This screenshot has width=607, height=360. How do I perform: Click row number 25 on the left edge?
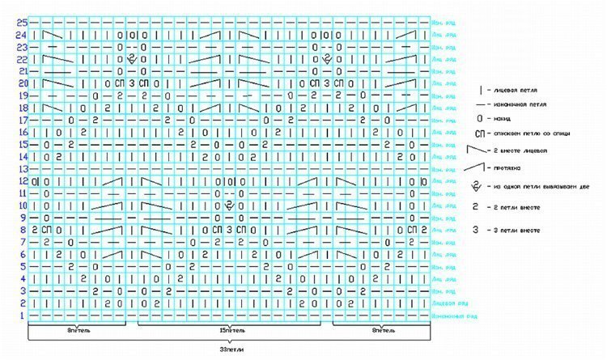[x=21, y=23]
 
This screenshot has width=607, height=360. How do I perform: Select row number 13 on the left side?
[x=23, y=169]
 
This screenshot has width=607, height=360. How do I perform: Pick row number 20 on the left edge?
[x=22, y=83]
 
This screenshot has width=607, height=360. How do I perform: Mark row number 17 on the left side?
[x=23, y=120]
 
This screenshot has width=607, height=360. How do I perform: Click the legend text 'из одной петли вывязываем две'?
[x=537, y=188]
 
